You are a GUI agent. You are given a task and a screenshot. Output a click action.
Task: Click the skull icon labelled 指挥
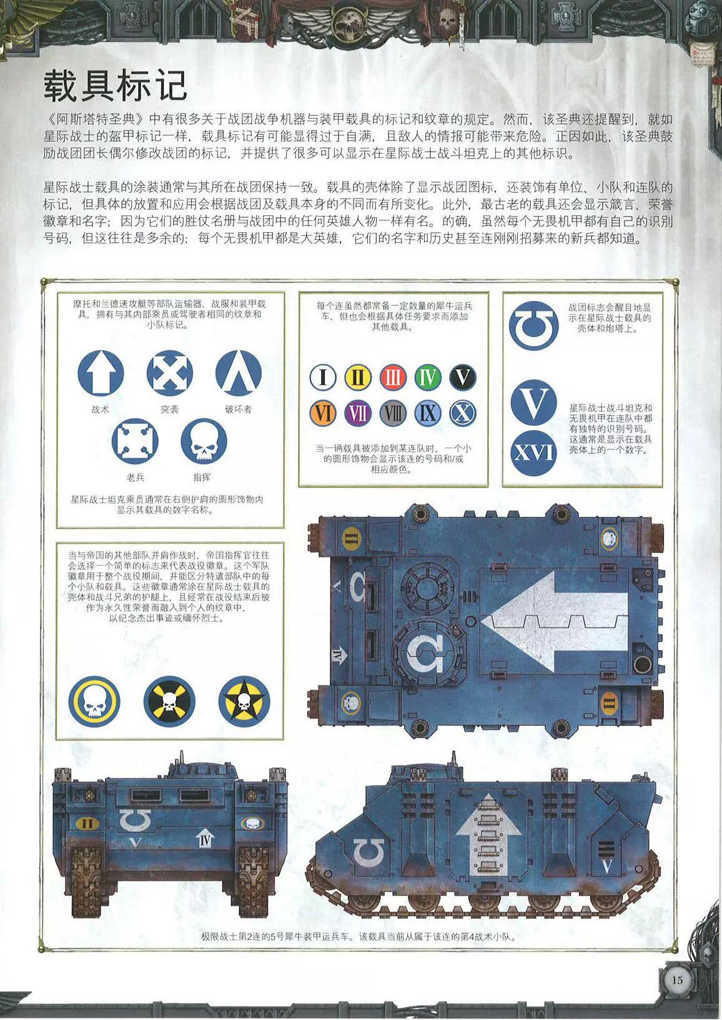(x=204, y=441)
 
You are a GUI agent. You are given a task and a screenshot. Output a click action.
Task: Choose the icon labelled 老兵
(x=136, y=441)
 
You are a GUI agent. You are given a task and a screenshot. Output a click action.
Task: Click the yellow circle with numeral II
(x=358, y=378)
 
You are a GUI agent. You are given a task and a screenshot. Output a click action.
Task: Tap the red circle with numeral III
(x=393, y=378)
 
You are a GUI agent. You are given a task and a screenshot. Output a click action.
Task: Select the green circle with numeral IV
(x=428, y=378)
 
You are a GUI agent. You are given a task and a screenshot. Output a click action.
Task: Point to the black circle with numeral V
(x=463, y=378)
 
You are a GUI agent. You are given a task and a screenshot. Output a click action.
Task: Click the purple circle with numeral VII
(x=358, y=413)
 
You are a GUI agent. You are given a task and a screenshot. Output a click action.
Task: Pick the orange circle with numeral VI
(x=323, y=413)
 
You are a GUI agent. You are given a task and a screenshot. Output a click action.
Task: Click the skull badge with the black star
(x=244, y=702)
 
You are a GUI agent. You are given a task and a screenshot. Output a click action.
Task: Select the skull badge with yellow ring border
(x=95, y=702)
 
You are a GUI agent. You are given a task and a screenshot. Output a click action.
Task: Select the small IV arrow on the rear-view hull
(x=205, y=840)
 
